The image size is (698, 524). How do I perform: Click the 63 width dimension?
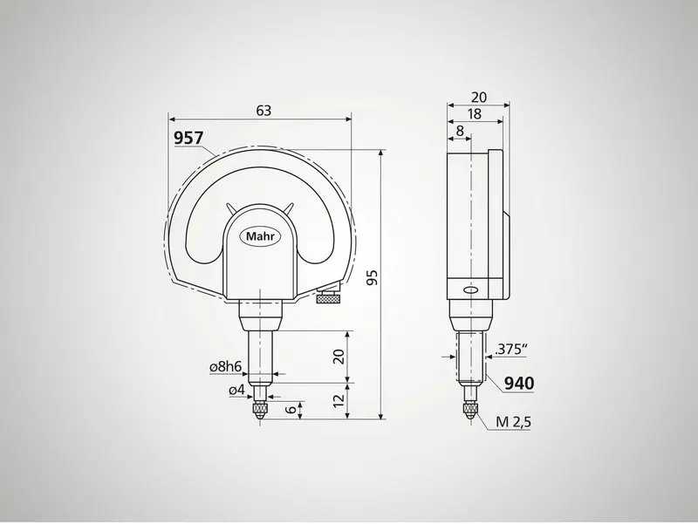click(x=263, y=110)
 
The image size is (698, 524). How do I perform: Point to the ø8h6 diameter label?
click(x=225, y=368)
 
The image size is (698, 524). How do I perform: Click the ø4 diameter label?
click(x=236, y=391)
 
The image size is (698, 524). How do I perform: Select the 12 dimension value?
click(x=339, y=402)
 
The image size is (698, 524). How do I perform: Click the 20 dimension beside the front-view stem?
click(x=339, y=356)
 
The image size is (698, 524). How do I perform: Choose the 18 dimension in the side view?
click(x=475, y=113)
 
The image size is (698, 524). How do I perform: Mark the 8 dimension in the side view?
click(x=460, y=131)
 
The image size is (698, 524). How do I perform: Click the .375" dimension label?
click(x=512, y=350)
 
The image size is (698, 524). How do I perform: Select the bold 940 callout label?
click(x=518, y=384)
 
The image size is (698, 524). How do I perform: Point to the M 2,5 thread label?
click(x=514, y=423)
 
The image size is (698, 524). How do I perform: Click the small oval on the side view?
click(x=470, y=290)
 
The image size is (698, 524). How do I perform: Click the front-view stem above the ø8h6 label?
click(x=259, y=340)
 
